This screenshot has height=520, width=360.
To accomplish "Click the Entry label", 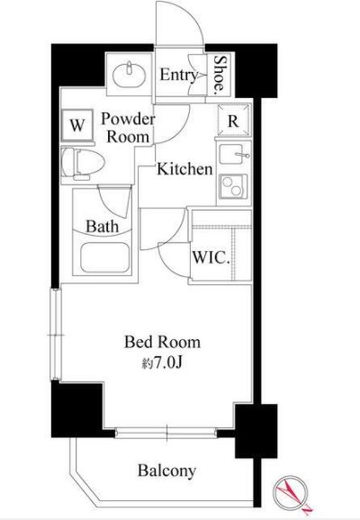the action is [179, 76].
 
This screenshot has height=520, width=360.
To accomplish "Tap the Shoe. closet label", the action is [219, 74].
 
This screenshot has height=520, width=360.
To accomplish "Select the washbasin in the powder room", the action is [129, 76].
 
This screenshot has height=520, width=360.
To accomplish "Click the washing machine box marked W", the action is [77, 125].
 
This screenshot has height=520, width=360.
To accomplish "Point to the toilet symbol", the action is [83, 164].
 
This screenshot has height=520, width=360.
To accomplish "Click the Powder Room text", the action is [128, 128].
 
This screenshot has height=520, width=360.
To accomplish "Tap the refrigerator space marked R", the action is [233, 121].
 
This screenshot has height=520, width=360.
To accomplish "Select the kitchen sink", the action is [234, 154].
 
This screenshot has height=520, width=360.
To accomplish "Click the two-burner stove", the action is [234, 186].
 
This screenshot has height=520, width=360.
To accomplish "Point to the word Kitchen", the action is [184, 169].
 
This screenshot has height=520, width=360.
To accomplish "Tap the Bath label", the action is [103, 227].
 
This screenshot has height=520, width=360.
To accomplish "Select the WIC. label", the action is [211, 257].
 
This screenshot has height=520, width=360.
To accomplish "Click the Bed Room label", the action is [163, 342].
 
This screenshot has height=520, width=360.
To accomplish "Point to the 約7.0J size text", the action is [162, 363].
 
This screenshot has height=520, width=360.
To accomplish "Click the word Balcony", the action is [166, 471].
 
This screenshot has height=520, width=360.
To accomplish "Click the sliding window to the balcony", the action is [166, 433].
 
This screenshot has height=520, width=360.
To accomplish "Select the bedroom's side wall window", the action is [56, 335].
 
